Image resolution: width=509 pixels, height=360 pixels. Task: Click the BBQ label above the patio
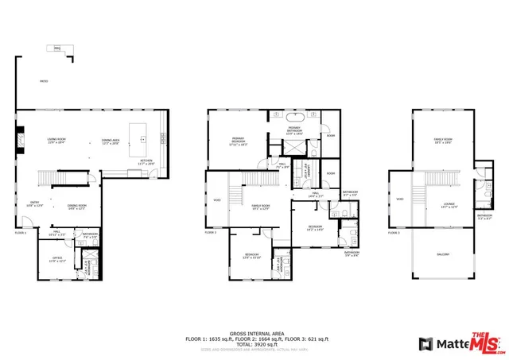coord(57,48)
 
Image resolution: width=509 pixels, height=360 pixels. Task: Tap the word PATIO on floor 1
coord(44,81)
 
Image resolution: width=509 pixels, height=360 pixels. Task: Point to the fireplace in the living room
coord(21,141)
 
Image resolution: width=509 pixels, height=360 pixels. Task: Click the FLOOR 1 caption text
coord(21,232)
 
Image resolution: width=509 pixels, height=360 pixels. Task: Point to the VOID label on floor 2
coord(216,199)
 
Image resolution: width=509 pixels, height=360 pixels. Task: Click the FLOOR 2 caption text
coord(210,232)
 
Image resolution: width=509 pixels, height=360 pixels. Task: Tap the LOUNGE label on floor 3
coord(449,205)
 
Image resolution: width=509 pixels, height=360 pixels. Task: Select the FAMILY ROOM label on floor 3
coord(442,141)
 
